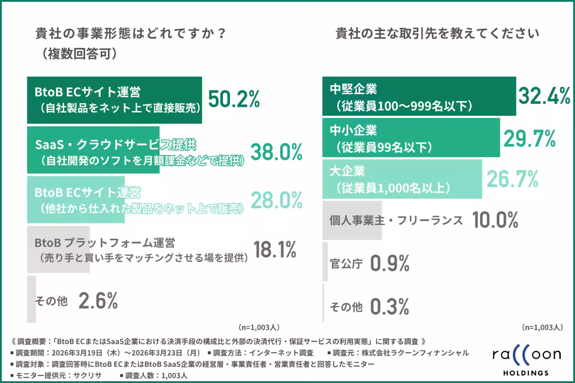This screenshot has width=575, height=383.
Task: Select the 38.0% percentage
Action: pos(276,152)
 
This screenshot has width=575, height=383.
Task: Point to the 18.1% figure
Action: pos(275,249)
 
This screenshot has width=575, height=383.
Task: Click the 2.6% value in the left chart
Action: pos(98,301)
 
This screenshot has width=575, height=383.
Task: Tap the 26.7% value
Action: pos(512,179)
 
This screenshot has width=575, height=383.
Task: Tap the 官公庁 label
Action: pos(346,263)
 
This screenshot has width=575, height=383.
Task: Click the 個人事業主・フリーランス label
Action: pos(396,220)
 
